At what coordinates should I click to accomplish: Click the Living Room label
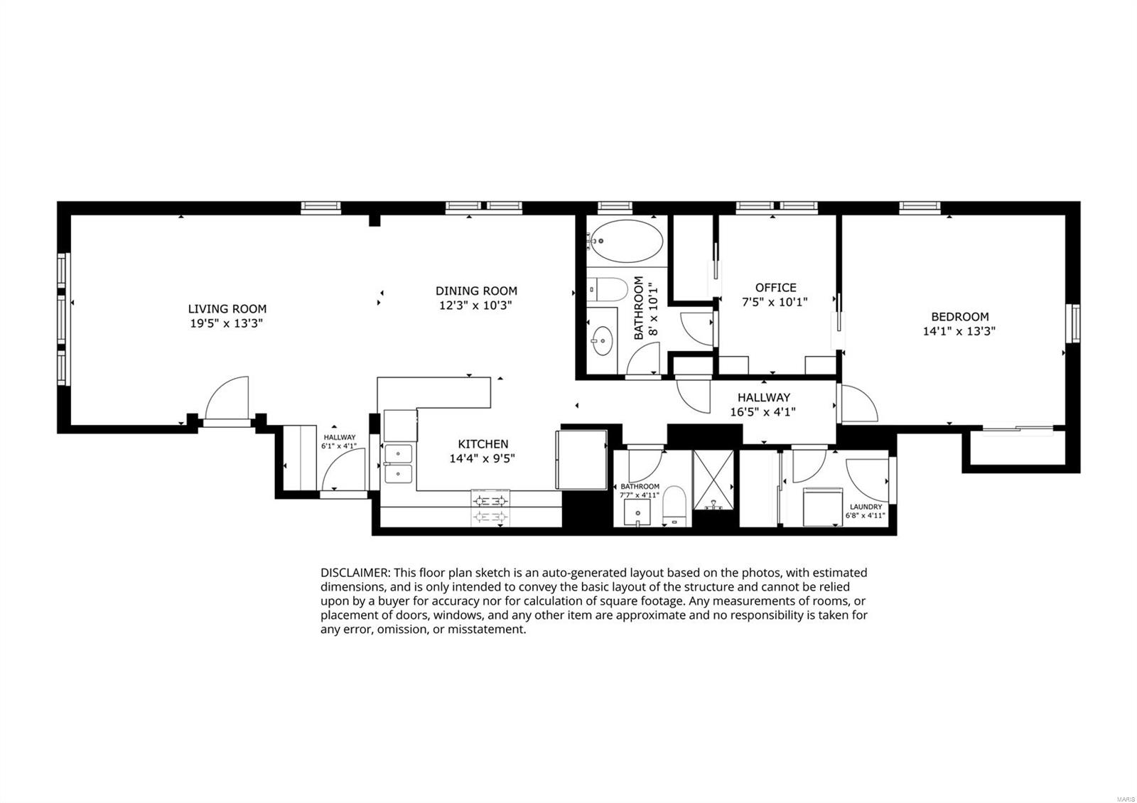(x=227, y=308)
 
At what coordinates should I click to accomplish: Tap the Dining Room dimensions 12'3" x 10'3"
(x=475, y=306)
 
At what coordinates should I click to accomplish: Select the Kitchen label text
(x=483, y=444)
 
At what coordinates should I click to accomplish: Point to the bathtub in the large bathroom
(x=627, y=241)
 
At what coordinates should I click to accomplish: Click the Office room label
(x=775, y=288)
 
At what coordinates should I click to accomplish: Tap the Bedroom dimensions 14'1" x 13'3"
(x=959, y=331)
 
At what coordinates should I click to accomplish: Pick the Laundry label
(x=866, y=507)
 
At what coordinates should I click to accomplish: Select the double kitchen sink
(x=399, y=464)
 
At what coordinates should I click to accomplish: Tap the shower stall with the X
(x=713, y=480)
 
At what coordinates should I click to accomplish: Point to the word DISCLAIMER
(x=355, y=573)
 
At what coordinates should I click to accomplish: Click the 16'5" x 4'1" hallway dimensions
(x=763, y=412)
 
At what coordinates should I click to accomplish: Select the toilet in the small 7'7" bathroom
(x=674, y=506)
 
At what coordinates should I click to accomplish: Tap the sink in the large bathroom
(x=603, y=340)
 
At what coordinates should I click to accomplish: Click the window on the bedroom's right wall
(x=1073, y=323)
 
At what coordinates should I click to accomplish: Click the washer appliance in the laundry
(x=823, y=507)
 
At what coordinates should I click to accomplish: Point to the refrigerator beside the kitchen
(x=582, y=460)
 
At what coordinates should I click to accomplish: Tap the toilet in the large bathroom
(x=608, y=289)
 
